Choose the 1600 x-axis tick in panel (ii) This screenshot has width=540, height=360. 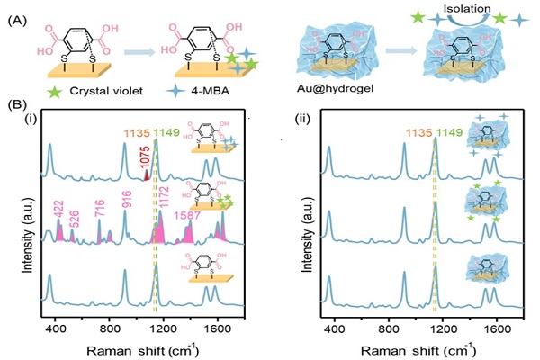point(499,327)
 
